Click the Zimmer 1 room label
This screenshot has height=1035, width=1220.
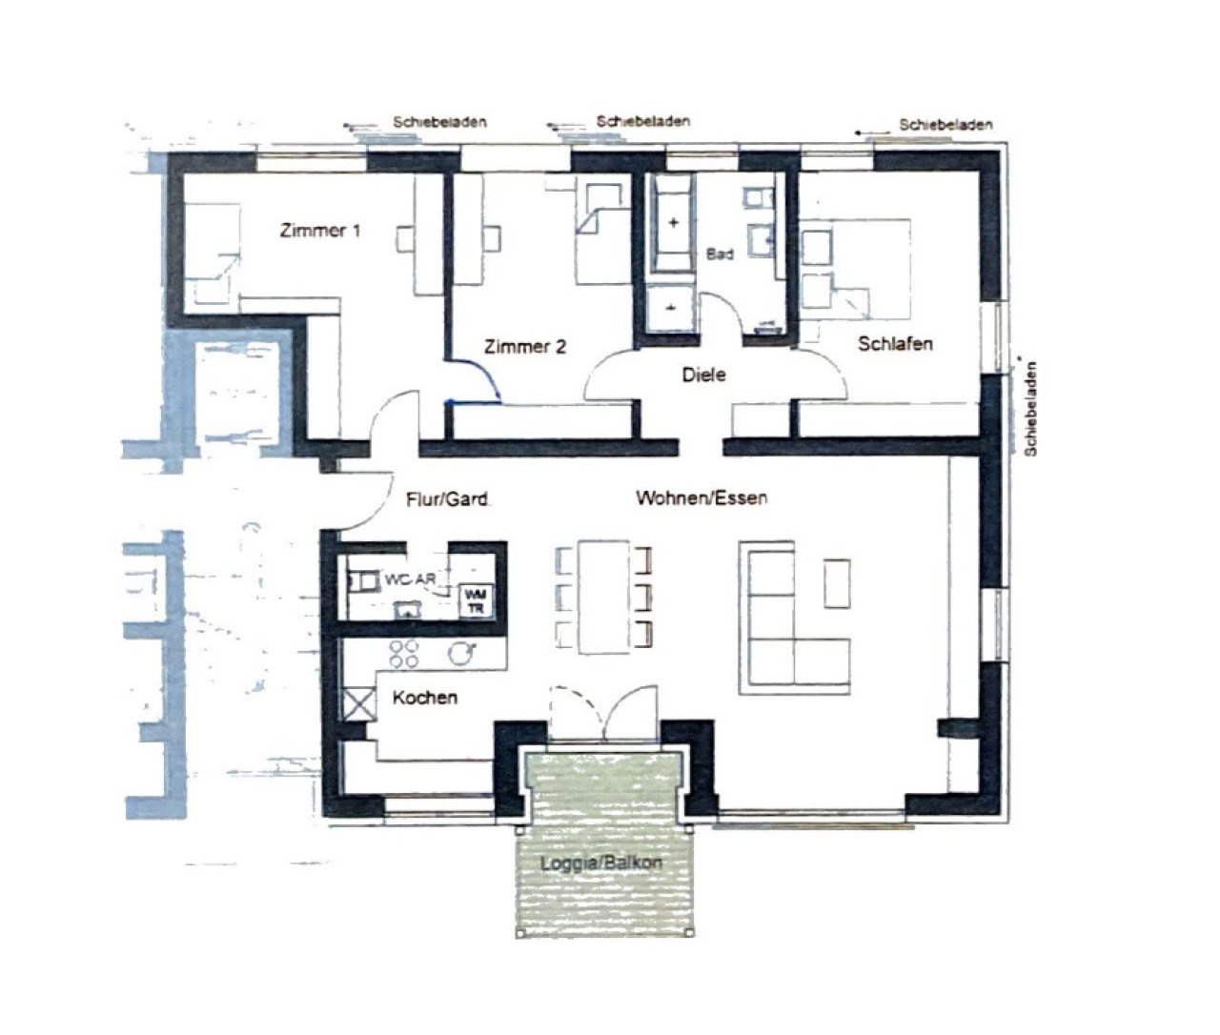click(x=319, y=231)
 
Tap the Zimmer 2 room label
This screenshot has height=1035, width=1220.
click(x=524, y=347)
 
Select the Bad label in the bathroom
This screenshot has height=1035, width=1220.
click(x=720, y=255)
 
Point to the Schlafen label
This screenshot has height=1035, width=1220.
click(x=895, y=344)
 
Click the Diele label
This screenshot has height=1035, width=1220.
click(x=703, y=375)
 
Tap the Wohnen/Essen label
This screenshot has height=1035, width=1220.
click(x=701, y=497)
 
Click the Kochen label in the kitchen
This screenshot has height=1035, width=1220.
click(x=425, y=698)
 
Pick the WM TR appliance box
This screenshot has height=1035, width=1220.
click(x=475, y=601)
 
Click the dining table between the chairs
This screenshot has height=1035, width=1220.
click(x=600, y=596)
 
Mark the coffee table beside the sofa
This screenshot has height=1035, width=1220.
click(x=837, y=582)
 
